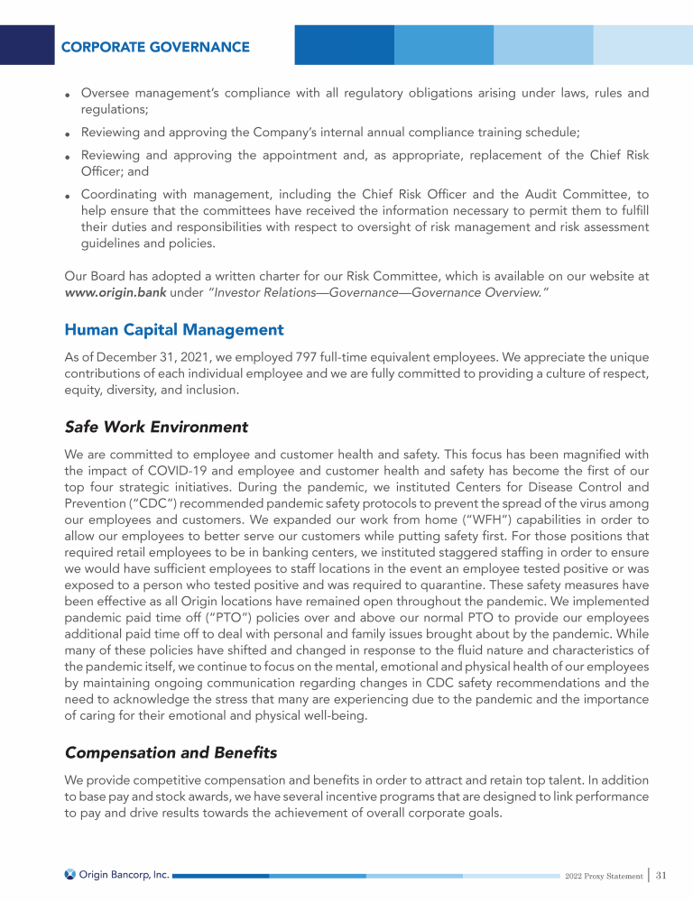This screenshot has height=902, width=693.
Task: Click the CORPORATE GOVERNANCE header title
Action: [155, 46]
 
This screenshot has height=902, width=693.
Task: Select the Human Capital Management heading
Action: [174, 330]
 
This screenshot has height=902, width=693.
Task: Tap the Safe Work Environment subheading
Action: [156, 426]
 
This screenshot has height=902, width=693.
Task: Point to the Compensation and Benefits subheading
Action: [171, 751]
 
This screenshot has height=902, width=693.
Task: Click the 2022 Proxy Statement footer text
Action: [604, 876]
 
